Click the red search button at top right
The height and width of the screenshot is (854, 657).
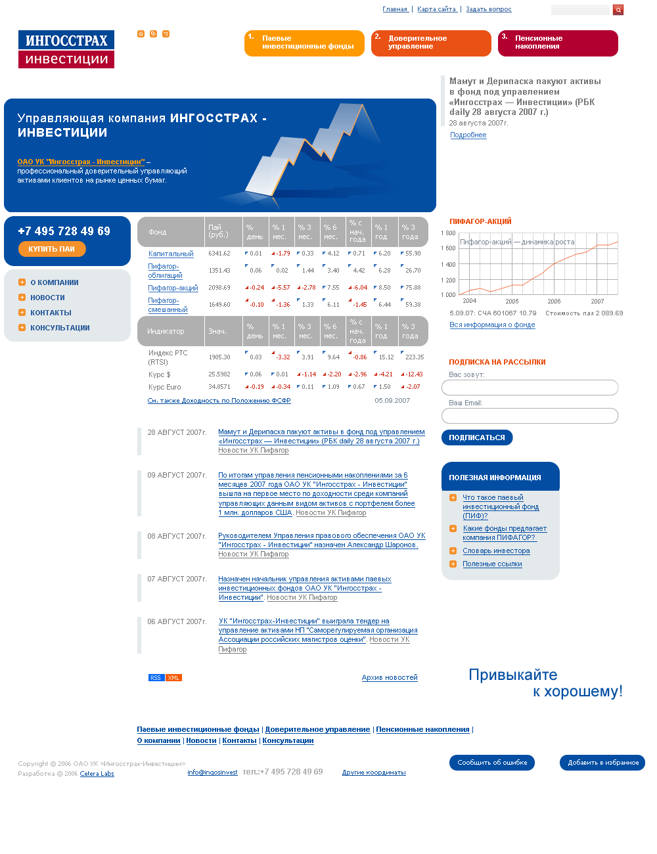(618, 10)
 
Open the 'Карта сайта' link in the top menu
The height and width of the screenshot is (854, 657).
(436, 9)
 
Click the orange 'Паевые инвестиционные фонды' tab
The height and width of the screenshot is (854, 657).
(304, 43)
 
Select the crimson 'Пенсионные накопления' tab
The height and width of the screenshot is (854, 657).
(558, 43)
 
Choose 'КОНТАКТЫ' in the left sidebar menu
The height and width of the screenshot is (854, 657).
(51, 313)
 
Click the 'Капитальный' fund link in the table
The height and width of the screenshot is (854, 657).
(171, 254)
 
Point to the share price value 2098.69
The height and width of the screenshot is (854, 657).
(219, 288)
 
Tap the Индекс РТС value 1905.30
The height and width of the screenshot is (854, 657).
(219, 357)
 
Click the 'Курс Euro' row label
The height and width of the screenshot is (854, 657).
(165, 387)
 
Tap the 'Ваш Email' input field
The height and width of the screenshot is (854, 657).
(530, 416)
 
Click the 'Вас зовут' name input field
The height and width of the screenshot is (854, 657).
(530, 388)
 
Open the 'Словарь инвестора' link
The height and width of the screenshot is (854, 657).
(496, 551)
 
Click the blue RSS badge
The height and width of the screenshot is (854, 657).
(156, 678)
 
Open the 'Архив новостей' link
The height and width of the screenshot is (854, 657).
(390, 678)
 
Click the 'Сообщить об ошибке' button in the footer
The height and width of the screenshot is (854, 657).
(492, 763)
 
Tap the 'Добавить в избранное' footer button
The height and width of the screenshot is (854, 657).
(602, 763)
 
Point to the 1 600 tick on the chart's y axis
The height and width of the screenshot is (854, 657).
(448, 248)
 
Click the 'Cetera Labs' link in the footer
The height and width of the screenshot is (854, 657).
(97, 774)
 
